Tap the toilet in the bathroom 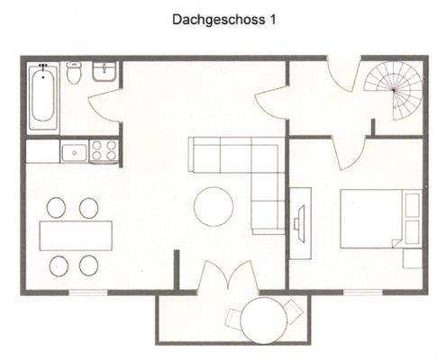pos(75,76)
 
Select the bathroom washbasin pos(105,73)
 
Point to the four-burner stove pos(105,150)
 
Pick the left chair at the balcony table pos(232,317)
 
